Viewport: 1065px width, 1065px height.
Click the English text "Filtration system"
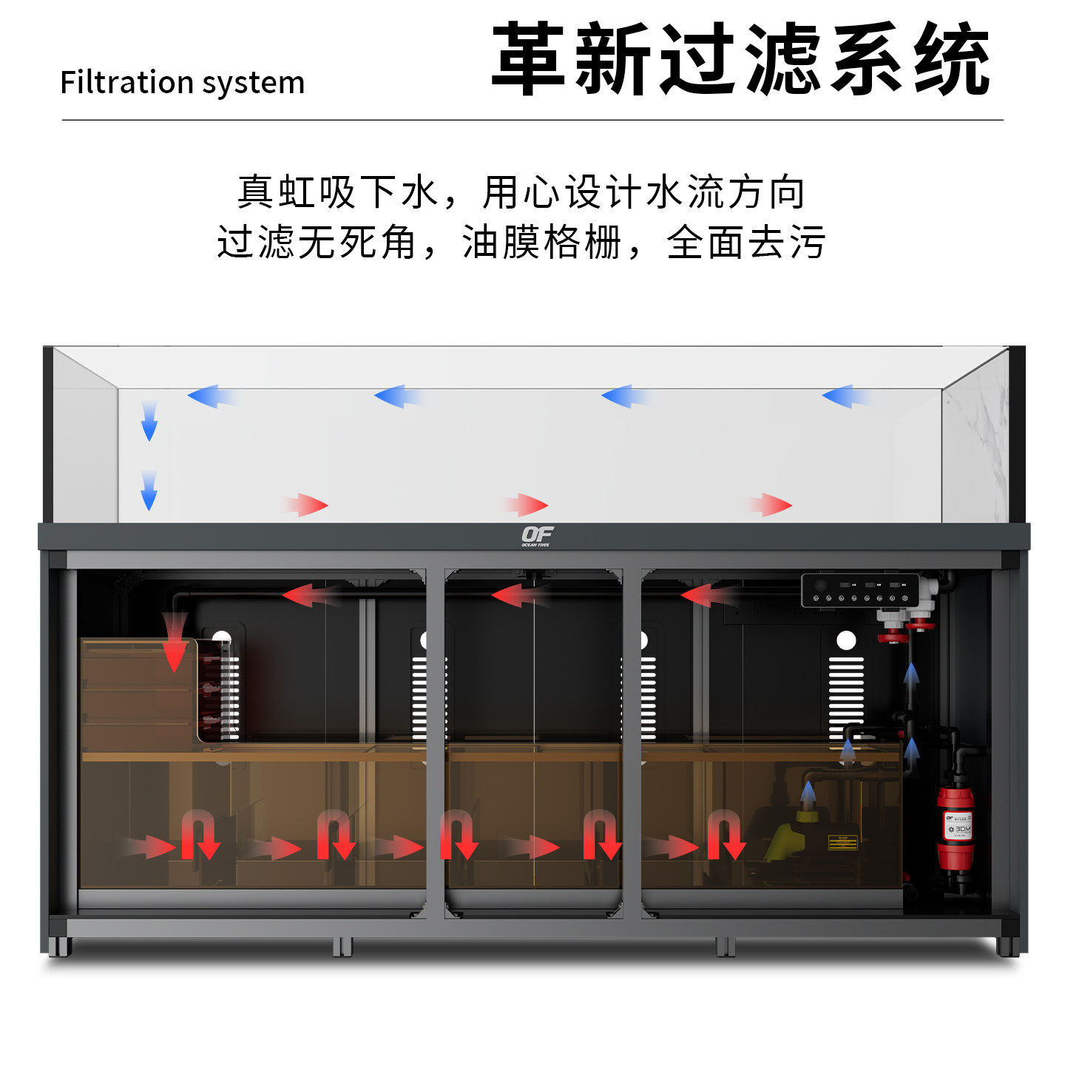click(182, 82)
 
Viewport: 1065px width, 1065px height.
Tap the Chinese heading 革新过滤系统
click(740, 59)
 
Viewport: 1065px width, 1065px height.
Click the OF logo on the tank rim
click(536, 535)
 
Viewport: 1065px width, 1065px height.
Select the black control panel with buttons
click(860, 590)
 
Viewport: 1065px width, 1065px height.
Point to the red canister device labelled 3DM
click(955, 828)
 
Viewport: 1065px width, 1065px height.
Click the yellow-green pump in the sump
click(785, 840)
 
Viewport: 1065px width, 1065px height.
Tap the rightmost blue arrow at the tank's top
click(845, 396)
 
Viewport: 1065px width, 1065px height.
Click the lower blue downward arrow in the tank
click(149, 491)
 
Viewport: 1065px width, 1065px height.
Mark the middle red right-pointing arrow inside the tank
click(526, 505)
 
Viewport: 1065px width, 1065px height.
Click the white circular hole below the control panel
click(846, 640)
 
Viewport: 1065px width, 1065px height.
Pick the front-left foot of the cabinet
click(59, 946)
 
